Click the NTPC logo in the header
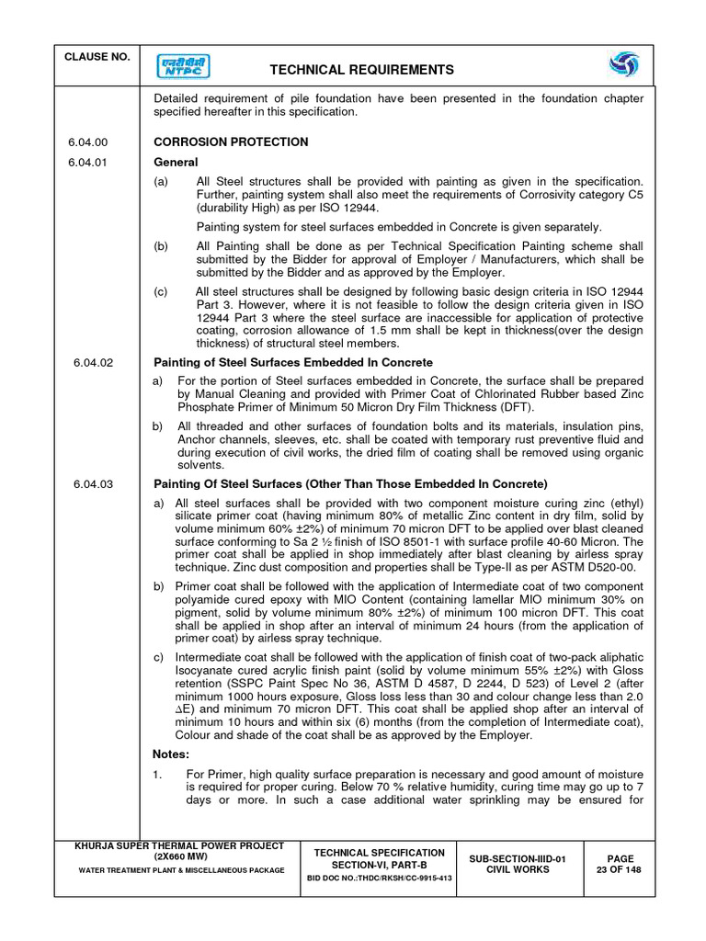[183, 66]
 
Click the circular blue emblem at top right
[624, 66]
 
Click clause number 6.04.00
[88, 142]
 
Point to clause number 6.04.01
[88, 163]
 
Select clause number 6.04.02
[93, 363]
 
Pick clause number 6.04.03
[93, 484]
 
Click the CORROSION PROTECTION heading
[231, 142]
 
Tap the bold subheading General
[176, 163]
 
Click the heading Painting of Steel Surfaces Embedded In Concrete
[292, 363]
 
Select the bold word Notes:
[172, 754]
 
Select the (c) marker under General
[161, 292]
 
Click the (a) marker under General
[161, 183]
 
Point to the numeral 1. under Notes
[157, 775]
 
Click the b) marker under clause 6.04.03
[158, 584]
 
